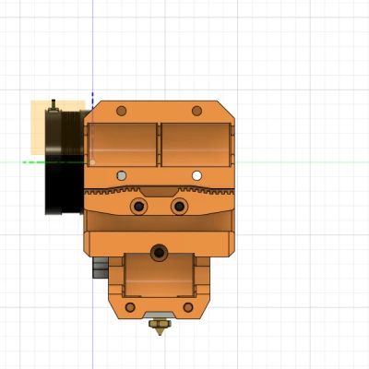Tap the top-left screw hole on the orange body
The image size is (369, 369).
coord(121,111)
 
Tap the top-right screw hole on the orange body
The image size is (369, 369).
coord(196,111)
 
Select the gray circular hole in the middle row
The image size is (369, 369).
coord(121,175)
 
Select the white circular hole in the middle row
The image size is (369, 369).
coord(196,175)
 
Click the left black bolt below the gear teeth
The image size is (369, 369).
coord(139,206)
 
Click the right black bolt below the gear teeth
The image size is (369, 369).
coord(179,206)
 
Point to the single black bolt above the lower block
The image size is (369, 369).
coord(160,250)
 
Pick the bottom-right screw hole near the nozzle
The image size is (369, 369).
coord(189,307)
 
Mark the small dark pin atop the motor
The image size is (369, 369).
coord(55,103)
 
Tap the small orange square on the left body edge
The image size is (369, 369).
coord(91,161)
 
